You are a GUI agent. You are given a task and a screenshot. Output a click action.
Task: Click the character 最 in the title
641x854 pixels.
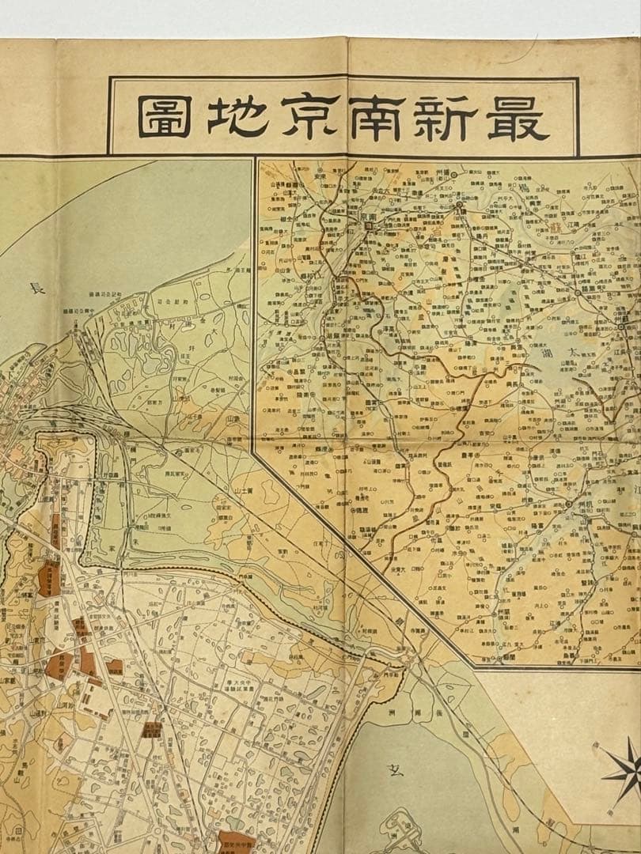(x=518, y=117)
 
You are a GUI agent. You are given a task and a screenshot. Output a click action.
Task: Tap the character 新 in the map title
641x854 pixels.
(x=439, y=117)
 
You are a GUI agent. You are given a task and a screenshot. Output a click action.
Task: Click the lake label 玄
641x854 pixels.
(x=396, y=769)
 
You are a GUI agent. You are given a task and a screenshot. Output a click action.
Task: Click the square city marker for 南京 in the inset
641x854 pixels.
(x=369, y=225)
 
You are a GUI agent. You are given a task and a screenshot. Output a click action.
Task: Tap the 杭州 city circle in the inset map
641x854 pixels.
(x=568, y=504)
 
